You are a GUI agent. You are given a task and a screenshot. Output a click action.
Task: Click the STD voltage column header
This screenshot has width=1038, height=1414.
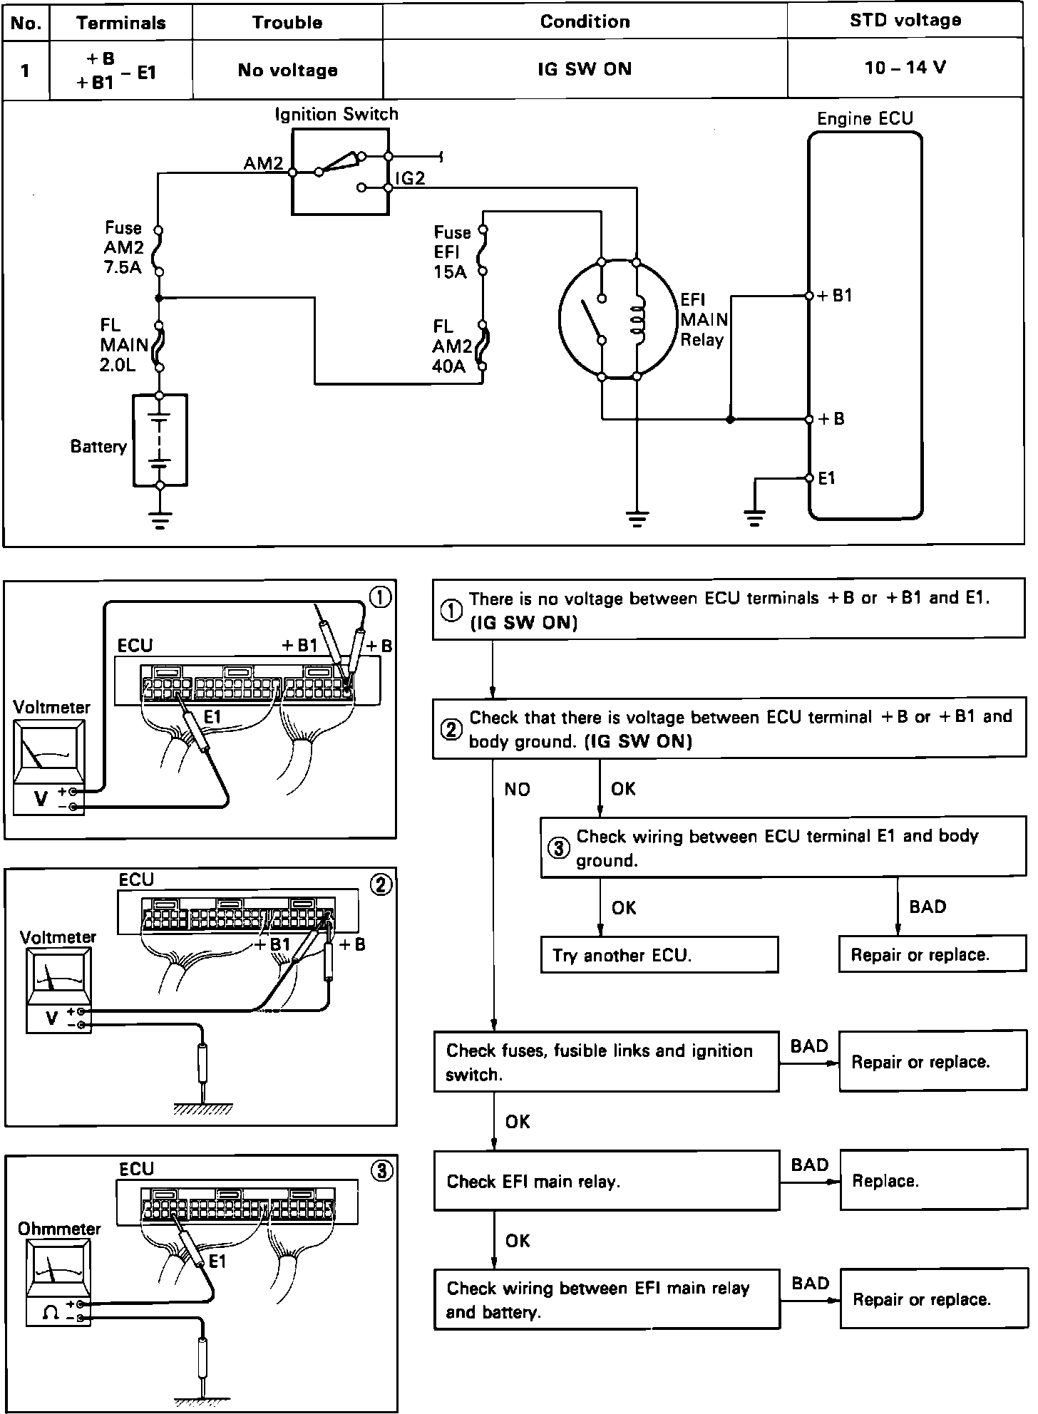pyautogui.click(x=905, y=21)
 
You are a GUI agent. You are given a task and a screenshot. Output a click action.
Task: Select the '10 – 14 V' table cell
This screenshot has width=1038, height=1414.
pyautogui.click(x=905, y=68)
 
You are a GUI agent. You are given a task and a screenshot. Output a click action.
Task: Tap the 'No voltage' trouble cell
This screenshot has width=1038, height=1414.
pyautogui.click(x=287, y=70)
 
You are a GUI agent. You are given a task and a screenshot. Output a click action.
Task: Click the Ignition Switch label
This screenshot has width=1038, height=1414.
pyautogui.click(x=336, y=114)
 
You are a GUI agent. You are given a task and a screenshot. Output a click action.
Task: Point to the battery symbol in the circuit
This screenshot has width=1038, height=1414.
pyautogui.click(x=160, y=440)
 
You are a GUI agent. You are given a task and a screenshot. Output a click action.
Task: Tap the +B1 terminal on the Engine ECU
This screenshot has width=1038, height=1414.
pyautogui.click(x=810, y=296)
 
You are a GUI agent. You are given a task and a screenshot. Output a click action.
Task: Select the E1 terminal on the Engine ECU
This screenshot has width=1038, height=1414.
pyautogui.click(x=810, y=478)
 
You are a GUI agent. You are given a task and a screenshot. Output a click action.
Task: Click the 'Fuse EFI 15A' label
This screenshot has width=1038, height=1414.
pyautogui.click(x=451, y=252)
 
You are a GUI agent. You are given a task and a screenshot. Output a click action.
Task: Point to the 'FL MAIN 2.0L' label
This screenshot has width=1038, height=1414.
pyautogui.click(x=123, y=345)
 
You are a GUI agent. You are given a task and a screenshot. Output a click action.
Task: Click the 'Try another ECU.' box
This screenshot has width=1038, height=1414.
pyautogui.click(x=659, y=955)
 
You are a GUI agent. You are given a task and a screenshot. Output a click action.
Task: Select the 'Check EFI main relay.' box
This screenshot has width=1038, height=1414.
pyautogui.click(x=606, y=1181)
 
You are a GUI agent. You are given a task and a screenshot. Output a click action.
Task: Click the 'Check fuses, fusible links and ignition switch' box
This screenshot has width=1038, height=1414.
pyautogui.click(x=606, y=1062)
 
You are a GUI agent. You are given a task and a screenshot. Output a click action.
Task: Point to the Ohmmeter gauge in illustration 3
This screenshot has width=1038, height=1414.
pyautogui.click(x=58, y=1271)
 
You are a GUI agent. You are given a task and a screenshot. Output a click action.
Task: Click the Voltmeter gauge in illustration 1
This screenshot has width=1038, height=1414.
pyautogui.click(x=48, y=754)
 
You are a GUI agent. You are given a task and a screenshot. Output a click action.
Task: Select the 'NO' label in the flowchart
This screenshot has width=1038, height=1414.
pyautogui.click(x=517, y=789)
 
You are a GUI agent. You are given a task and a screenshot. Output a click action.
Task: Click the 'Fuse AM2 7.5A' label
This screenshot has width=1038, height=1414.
pyautogui.click(x=124, y=248)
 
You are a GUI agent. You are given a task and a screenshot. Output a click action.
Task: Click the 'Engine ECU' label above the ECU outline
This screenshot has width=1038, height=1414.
pyautogui.click(x=864, y=118)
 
